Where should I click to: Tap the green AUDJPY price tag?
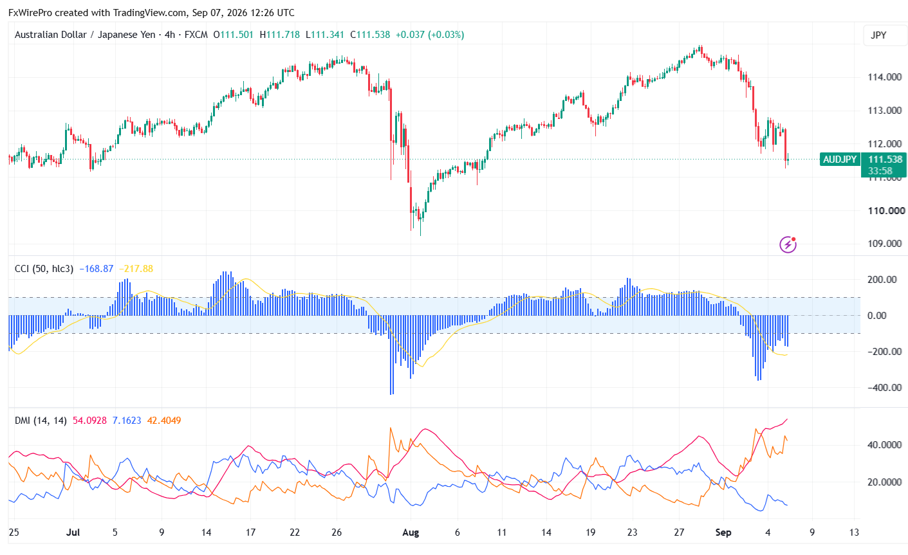coord(840,159)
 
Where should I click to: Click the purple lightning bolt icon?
coord(788,244)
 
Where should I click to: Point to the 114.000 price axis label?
coord(884,77)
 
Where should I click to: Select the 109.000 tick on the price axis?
coord(884,244)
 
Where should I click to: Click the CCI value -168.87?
coord(96,269)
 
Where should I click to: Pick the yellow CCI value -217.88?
coord(136,269)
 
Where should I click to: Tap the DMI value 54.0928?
coord(89,421)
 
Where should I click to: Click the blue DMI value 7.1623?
coord(127,421)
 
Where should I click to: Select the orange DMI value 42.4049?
coord(163,421)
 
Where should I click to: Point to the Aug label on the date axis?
coord(410,532)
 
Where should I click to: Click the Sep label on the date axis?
coord(723,532)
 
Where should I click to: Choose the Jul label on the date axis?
coord(73,532)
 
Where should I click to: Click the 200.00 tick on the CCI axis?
coord(882,280)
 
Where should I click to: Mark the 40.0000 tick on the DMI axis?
coord(884,445)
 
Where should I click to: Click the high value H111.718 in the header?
coord(280,35)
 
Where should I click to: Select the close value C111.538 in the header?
coord(370,35)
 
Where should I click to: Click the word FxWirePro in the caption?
coord(30,13)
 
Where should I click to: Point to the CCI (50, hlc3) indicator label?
coord(44,269)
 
